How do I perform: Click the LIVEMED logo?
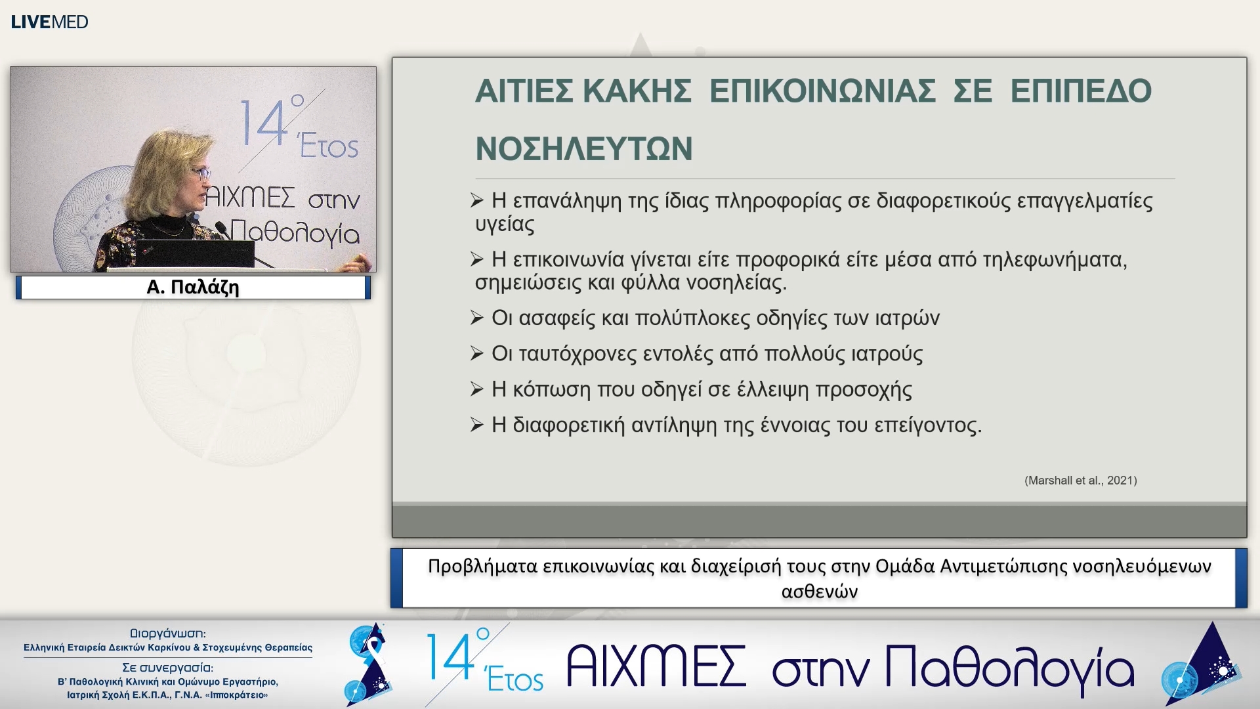click(49, 22)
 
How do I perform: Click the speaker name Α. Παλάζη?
click(192, 288)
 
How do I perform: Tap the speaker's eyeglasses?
click(201, 173)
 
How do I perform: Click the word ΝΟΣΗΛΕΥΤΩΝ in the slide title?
click(583, 149)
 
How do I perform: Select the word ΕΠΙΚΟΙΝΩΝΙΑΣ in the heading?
click(822, 91)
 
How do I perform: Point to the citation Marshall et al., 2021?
click(1080, 481)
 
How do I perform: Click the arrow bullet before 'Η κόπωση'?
click(477, 390)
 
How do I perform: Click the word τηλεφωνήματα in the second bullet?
click(1054, 260)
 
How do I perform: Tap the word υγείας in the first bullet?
click(505, 225)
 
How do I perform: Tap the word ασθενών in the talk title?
click(819, 591)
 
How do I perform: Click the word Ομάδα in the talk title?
click(904, 566)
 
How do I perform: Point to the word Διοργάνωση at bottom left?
click(167, 634)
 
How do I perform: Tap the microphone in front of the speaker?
click(222, 230)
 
